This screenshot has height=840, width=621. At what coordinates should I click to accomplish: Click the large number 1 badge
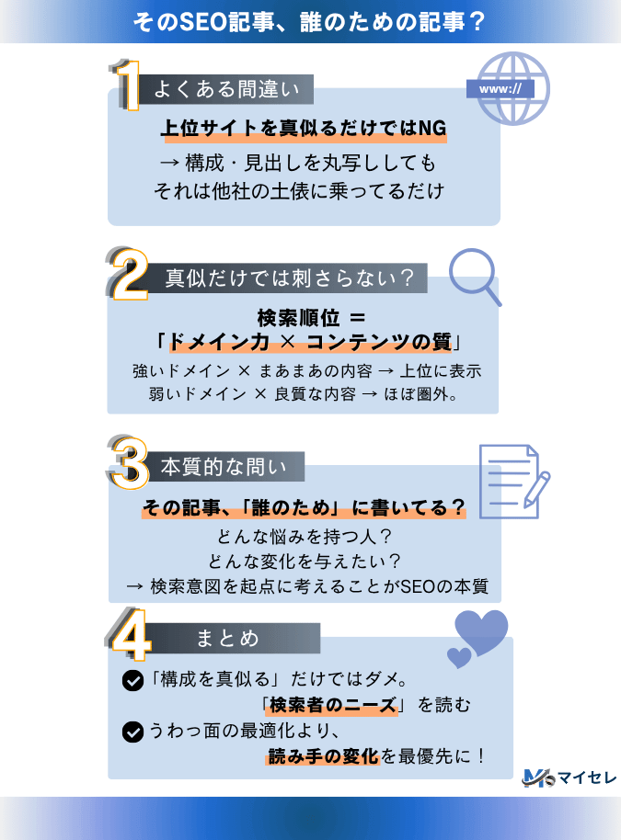point(129,85)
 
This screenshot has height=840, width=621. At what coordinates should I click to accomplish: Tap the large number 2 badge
point(128,274)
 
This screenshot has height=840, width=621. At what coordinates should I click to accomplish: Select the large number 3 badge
point(128,463)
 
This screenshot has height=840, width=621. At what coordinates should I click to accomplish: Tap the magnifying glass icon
point(474,277)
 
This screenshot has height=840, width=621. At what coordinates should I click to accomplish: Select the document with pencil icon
point(513,482)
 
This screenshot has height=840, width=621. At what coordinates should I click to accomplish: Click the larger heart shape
point(481,631)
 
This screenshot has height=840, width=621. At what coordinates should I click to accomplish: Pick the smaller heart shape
point(459,657)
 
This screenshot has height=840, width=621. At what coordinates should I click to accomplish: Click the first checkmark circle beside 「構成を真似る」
point(132,680)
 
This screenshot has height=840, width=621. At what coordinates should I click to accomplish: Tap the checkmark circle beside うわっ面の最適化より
point(132,732)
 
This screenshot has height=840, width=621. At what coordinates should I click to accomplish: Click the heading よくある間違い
point(226,89)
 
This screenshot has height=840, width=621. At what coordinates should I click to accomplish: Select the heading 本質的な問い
point(224,467)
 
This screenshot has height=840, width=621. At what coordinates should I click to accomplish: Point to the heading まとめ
point(227,638)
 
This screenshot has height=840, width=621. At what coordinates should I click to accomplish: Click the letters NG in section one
point(431,128)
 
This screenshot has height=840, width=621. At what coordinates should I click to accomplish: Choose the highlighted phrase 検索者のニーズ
point(332,705)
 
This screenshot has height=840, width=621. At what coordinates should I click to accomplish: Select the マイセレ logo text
point(587,778)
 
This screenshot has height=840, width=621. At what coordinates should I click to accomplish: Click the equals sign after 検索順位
point(357,318)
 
